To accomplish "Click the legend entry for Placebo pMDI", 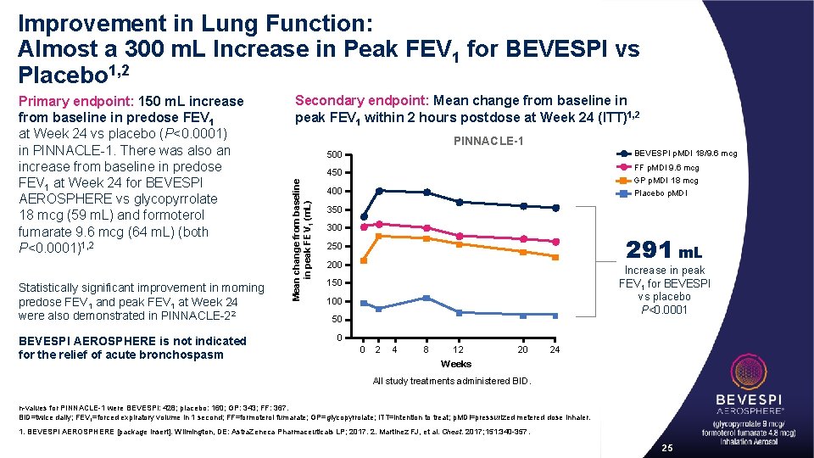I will pos(663,193).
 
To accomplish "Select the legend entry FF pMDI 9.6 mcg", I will pos(666,167).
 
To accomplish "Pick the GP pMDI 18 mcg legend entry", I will pos(666,180).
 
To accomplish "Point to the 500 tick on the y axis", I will pos(335,155).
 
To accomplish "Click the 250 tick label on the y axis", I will pos(335,247).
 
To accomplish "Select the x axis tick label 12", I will pos(458,349).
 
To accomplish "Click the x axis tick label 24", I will pos(555,349).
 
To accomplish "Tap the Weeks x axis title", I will pos(455,364).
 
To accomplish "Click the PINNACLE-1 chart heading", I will pos(488,140).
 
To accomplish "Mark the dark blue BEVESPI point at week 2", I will pos(379,191).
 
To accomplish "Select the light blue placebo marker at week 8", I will pos(427,298).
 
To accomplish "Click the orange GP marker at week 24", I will pos(555,257).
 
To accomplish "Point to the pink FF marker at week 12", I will pos(459,236).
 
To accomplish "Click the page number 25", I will pos(667,447).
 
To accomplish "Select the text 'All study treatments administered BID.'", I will pos(453,381).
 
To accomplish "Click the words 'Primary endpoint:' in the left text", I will pos(71,102).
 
